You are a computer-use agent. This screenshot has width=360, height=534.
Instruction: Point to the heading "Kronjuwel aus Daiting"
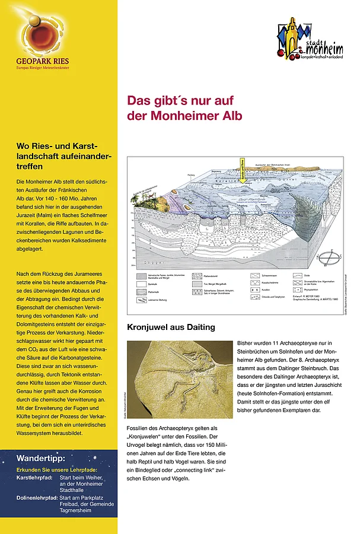[171, 327]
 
